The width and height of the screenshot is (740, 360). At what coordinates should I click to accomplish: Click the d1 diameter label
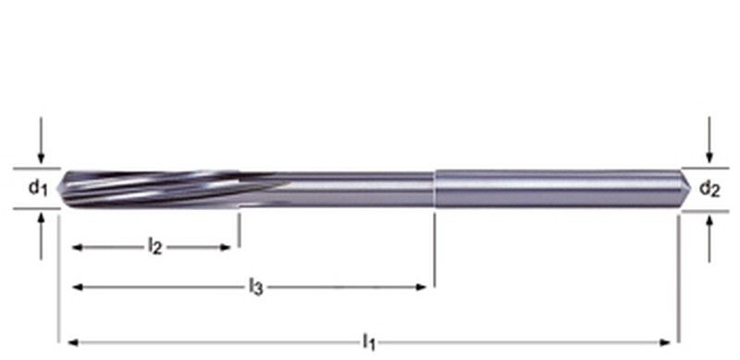click(36, 189)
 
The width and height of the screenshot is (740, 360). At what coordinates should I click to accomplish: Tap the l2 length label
click(155, 246)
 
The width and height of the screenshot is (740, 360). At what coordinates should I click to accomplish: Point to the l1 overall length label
click(368, 341)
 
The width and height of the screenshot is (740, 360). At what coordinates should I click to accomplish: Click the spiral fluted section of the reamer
click(157, 188)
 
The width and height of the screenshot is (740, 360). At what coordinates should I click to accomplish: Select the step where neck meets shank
click(434, 188)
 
